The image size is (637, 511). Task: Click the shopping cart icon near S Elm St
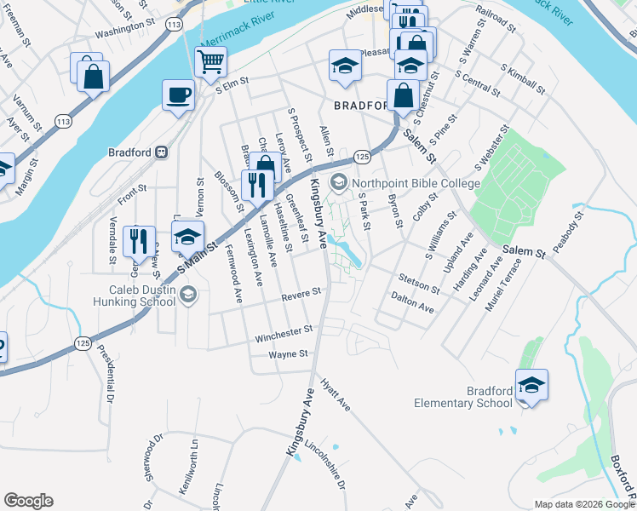click(x=210, y=62)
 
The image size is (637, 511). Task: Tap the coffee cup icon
click(x=178, y=95)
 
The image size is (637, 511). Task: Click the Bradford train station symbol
click(x=160, y=152)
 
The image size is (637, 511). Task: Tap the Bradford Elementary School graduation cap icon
click(x=531, y=385)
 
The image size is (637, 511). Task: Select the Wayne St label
click(x=287, y=354)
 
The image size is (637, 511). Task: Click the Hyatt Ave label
click(x=336, y=394)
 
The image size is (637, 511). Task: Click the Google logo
click(x=28, y=501)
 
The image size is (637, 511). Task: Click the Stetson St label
click(x=417, y=280)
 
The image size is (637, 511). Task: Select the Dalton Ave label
click(x=412, y=303)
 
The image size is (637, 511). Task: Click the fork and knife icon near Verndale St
click(x=140, y=241)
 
